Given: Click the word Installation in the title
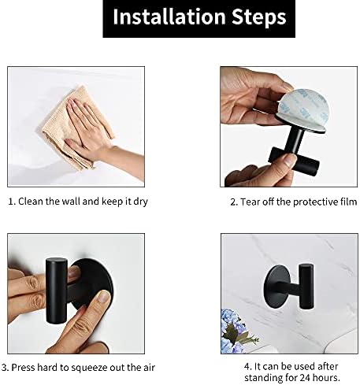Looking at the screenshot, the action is (169, 17).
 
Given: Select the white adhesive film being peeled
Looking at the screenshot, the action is (304, 108).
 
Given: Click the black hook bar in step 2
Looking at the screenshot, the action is (295, 160).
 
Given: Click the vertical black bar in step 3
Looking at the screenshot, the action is (57, 291).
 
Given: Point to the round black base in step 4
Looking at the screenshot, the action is (277, 286).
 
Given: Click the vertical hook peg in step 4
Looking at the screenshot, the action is (306, 287).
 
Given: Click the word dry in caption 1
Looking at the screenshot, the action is (140, 202).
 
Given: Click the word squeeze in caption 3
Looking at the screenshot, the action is (89, 368).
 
